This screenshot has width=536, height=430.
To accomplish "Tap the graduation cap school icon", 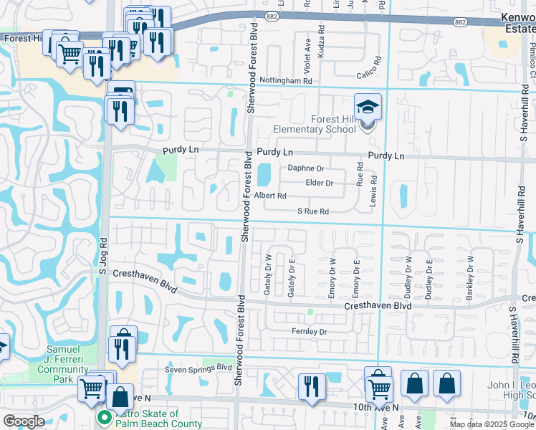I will coord(368,108).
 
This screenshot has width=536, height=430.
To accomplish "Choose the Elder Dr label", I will coord(319,183).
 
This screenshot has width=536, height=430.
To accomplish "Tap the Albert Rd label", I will coord(270,196).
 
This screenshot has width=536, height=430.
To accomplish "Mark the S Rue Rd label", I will coord(312,211).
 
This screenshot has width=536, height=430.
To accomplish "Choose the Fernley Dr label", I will coord(309,331).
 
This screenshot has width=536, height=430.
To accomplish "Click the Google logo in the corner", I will coord(24,421).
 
